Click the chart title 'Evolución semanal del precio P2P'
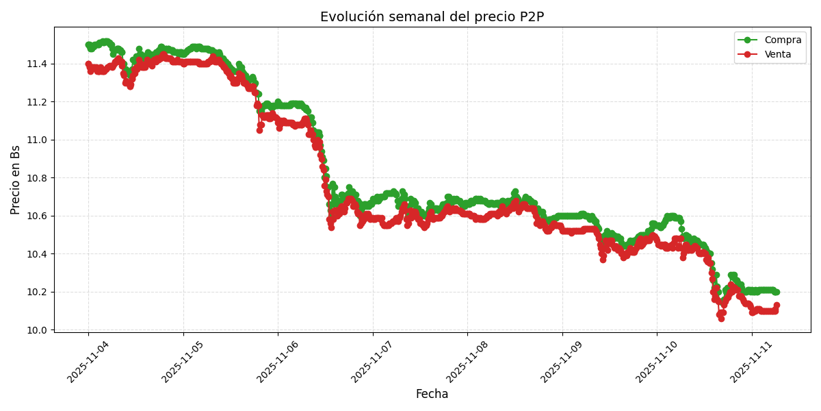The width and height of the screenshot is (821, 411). coord(432,17)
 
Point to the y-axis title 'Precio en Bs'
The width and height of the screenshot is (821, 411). coord(16,180)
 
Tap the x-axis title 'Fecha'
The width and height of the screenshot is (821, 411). coord(432,395)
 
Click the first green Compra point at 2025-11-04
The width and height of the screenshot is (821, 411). coord(88,45)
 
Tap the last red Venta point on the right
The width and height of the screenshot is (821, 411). coord(777,306)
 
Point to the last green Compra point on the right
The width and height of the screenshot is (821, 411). coord(777,292)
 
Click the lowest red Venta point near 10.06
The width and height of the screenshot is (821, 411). coord(721,319)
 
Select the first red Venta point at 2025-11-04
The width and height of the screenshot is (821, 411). coord(88,64)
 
